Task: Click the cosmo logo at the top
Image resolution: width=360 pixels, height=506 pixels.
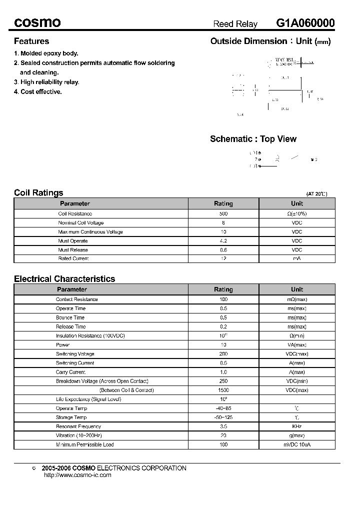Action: (x=37, y=23)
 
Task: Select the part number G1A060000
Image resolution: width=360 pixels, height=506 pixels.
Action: (x=305, y=23)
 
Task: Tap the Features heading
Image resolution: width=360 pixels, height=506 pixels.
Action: (x=31, y=41)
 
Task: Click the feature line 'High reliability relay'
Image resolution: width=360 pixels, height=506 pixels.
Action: (x=46, y=82)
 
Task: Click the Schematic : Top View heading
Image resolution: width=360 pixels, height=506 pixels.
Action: (x=253, y=139)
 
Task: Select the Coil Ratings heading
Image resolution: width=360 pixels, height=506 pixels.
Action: (x=38, y=192)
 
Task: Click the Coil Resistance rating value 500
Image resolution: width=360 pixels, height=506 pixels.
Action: (x=223, y=213)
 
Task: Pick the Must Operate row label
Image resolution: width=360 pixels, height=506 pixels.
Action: (x=73, y=241)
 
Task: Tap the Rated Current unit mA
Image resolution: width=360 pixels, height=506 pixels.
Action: (x=297, y=258)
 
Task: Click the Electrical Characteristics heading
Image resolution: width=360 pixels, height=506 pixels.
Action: (x=64, y=279)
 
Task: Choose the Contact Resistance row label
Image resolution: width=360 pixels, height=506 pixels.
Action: (x=76, y=299)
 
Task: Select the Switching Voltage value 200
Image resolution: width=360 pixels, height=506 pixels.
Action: (x=223, y=354)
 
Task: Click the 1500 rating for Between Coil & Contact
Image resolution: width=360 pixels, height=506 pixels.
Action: (x=223, y=390)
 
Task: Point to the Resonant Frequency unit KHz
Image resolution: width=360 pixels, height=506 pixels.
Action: (x=297, y=426)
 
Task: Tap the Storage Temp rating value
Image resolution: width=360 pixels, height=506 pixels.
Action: (x=223, y=417)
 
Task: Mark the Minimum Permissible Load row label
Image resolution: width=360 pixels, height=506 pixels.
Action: (x=85, y=444)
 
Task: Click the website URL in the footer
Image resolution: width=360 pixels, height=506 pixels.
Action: (x=77, y=475)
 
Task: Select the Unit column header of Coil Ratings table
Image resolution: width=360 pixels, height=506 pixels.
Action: (x=297, y=203)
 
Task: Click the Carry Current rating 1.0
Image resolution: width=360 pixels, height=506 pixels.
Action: (x=223, y=372)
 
